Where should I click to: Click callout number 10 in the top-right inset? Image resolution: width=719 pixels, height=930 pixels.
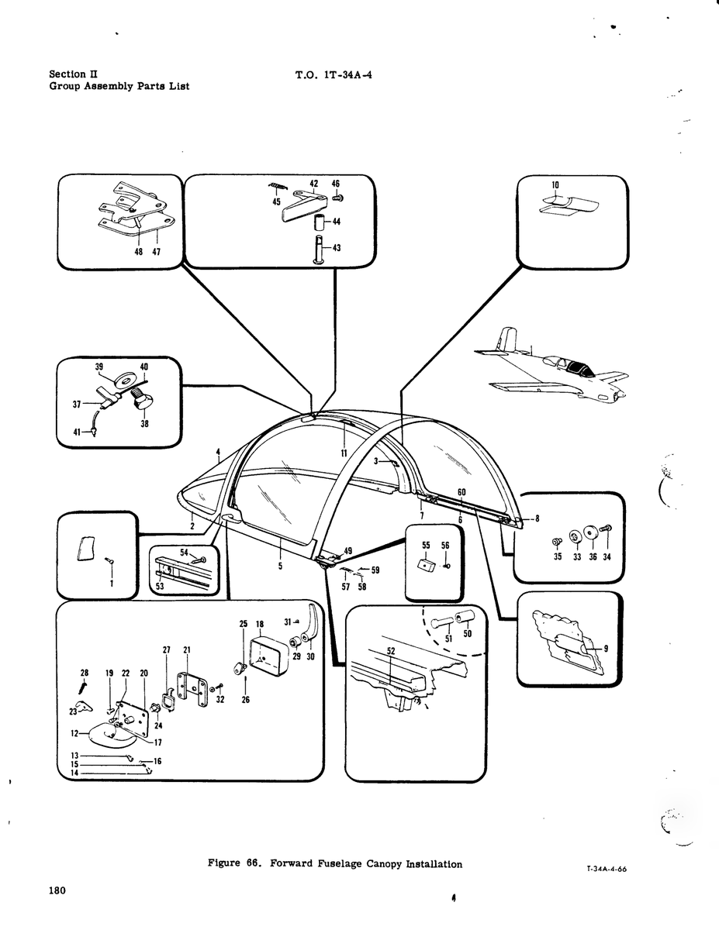click(555, 185)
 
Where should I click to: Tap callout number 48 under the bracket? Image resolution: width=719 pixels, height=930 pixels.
click(139, 252)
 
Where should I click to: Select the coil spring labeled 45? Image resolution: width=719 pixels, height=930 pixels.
click(278, 187)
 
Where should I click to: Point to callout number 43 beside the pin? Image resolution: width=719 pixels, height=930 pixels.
click(337, 248)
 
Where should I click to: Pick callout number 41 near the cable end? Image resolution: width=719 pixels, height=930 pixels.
click(77, 432)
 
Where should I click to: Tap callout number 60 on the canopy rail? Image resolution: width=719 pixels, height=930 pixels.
click(461, 492)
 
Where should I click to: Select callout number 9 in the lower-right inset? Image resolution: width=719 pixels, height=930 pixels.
click(606, 649)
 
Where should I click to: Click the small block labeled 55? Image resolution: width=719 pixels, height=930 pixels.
click(426, 566)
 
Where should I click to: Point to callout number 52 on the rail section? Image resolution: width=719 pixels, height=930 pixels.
click(392, 651)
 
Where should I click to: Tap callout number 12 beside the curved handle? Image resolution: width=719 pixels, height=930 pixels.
click(75, 734)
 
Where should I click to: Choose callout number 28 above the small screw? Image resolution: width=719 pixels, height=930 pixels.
click(85, 673)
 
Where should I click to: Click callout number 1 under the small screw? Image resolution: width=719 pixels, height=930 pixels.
click(112, 584)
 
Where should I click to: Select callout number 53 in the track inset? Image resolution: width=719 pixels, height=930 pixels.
click(160, 586)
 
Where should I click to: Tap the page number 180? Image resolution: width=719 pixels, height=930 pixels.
click(58, 890)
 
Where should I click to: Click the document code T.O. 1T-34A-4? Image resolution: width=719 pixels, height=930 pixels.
click(334, 75)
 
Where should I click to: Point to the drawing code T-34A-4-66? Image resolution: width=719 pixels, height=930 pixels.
click(607, 869)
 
